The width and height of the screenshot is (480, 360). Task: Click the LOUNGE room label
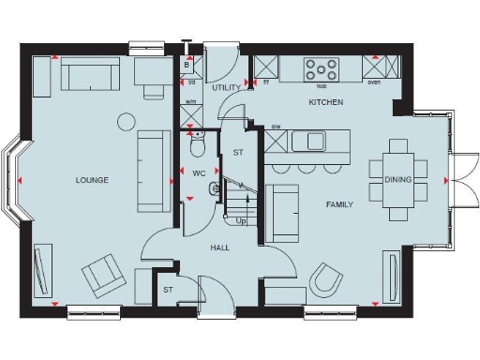click(x=93, y=180)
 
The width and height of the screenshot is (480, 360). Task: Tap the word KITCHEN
click(x=325, y=101)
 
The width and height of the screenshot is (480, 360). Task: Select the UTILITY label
click(x=227, y=87)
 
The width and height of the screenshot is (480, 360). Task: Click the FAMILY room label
click(x=338, y=203)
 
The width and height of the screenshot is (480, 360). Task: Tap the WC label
click(x=199, y=174)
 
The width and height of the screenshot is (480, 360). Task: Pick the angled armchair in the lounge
click(x=102, y=277)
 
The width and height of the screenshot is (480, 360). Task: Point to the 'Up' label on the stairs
click(x=241, y=221)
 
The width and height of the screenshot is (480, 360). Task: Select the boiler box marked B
click(x=187, y=66)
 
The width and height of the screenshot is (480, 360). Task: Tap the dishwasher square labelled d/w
click(x=277, y=142)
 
